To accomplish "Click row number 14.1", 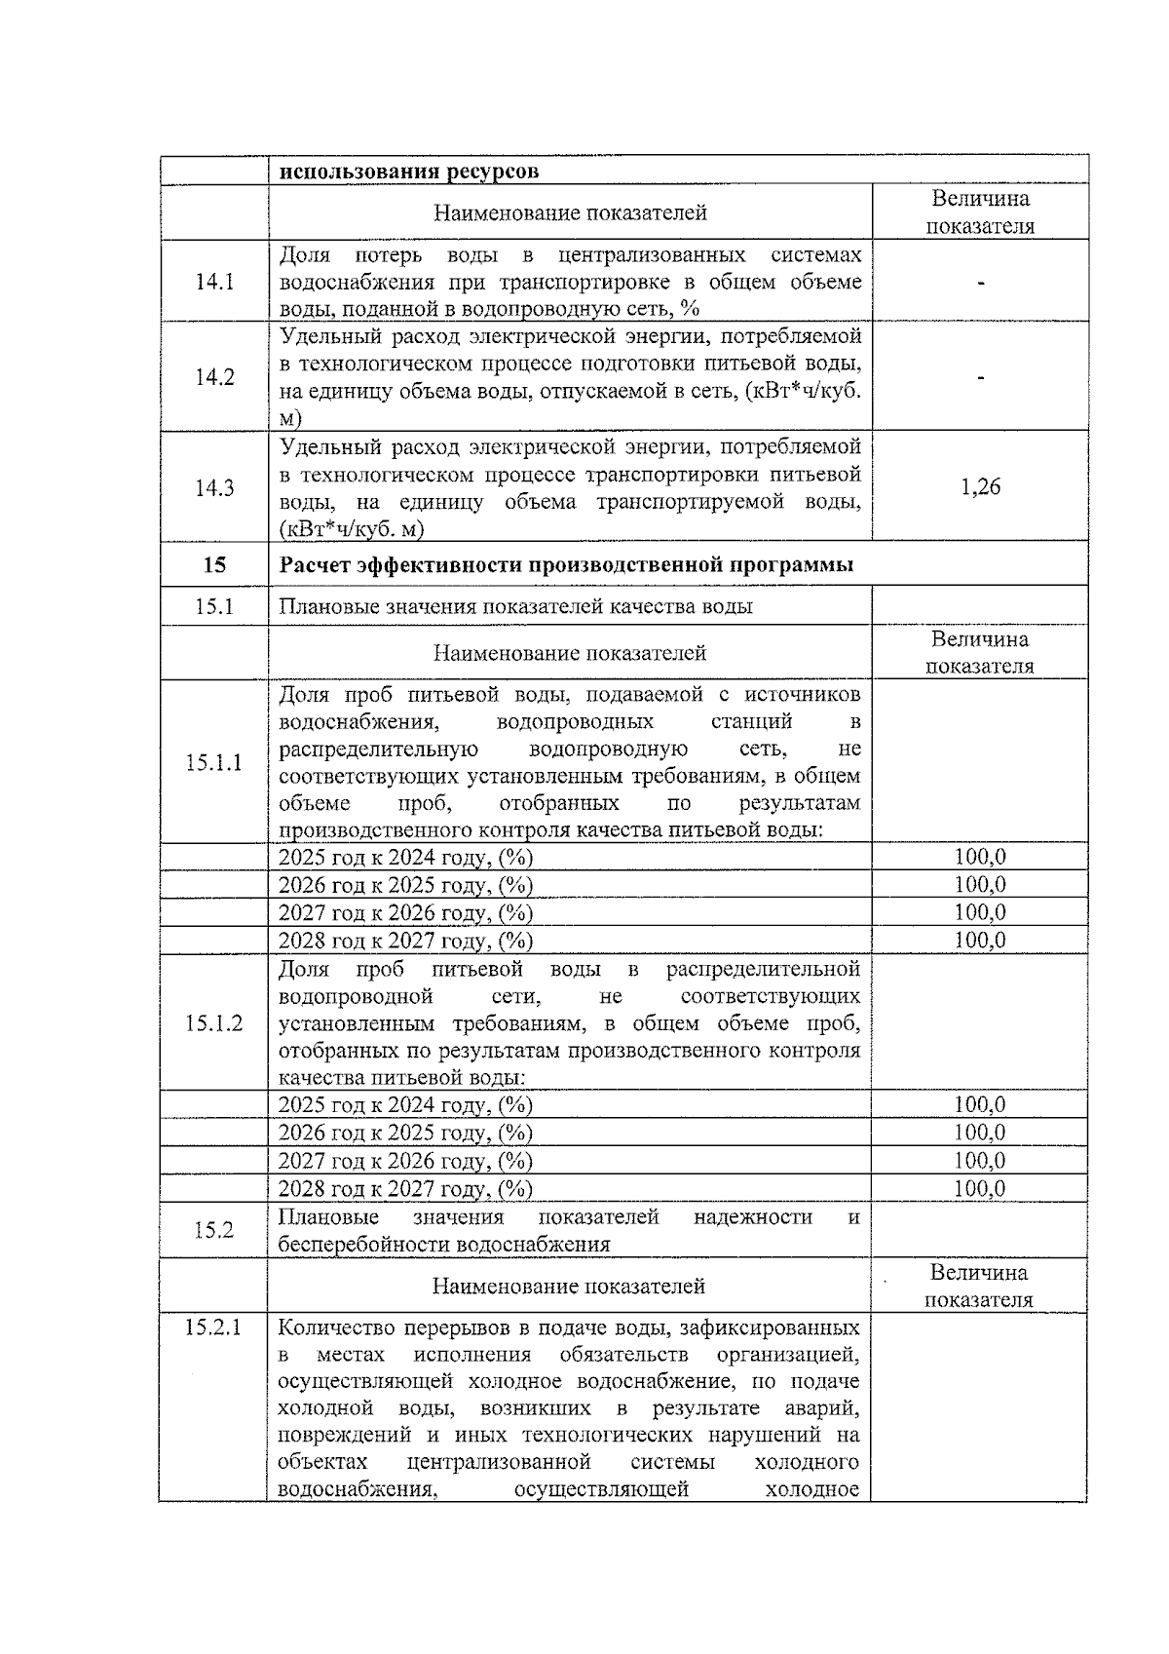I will click(214, 283).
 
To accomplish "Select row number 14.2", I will click(214, 377).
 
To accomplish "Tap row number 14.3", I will click(214, 488).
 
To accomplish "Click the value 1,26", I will click(980, 487).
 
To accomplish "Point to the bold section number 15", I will click(214, 564).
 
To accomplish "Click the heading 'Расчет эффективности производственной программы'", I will click(566, 565).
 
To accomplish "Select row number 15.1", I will click(214, 606).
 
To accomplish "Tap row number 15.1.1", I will click(214, 762).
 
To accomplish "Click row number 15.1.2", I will click(214, 1023).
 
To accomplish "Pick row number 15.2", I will click(214, 1230).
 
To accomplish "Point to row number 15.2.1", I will click(213, 1327).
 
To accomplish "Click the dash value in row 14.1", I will click(980, 284).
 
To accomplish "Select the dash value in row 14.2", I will click(980, 378).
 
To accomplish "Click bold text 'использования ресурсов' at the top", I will click(409, 172).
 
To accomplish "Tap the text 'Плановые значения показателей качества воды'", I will click(515, 606).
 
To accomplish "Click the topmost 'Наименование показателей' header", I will click(570, 212).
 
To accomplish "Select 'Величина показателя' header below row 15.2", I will click(979, 1286).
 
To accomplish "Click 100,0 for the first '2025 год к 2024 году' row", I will click(980, 857).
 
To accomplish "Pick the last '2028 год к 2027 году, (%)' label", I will click(405, 1188).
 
